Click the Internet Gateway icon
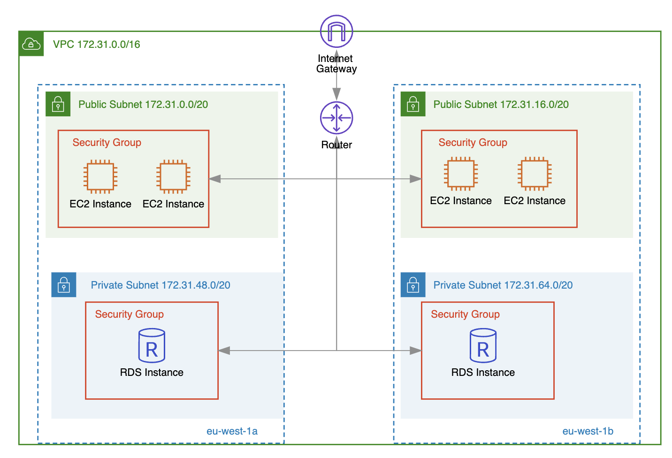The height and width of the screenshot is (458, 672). [336, 31]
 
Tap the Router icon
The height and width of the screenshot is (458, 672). [336, 117]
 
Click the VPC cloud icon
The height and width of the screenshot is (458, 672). [31, 44]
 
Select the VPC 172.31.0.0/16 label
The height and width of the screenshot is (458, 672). [96, 45]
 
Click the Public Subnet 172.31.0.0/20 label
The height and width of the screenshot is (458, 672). [143, 104]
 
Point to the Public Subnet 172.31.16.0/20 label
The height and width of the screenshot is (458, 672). [501, 104]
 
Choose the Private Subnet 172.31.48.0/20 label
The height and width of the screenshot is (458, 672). [160, 285]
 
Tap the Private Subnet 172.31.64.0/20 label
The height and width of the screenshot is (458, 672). [503, 285]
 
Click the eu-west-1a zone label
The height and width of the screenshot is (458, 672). [232, 431]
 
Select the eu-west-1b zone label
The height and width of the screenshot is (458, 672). [588, 431]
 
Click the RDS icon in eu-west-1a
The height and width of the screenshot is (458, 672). [152, 345]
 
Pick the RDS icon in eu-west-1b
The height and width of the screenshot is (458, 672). [483, 345]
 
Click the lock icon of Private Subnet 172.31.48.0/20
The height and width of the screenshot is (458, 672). [64, 285]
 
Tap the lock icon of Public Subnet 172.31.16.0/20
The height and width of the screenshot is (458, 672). [413, 104]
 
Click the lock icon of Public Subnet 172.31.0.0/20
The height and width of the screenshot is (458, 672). [58, 104]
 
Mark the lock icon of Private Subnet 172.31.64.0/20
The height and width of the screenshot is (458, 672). [413, 285]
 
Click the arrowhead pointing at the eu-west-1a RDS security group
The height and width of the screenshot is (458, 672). [224, 351]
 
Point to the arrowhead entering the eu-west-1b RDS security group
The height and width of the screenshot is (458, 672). [415, 351]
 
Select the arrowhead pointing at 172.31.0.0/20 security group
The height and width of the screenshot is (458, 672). [215, 179]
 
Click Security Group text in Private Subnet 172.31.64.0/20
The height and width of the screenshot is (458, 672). [465, 314]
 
